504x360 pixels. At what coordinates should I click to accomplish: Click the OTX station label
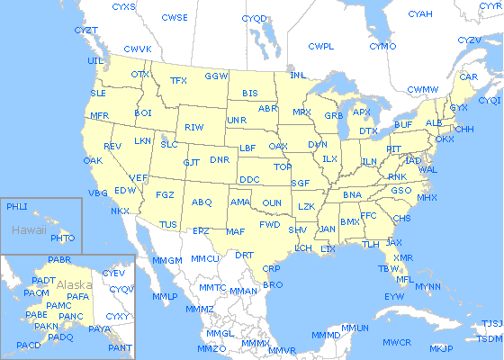140,73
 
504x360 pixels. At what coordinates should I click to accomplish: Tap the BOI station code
143,112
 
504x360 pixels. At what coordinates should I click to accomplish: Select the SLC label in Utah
169,144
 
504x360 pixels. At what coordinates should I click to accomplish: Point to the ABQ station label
202,202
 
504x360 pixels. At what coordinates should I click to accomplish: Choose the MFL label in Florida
405,279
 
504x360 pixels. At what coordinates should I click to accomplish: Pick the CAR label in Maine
468,76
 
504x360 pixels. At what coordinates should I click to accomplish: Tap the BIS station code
250,93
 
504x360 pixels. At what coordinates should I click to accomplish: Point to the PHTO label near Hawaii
63,238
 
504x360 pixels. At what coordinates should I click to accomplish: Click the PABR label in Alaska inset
60,260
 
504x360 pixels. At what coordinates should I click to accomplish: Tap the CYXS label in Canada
124,6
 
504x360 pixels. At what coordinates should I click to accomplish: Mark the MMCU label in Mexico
206,258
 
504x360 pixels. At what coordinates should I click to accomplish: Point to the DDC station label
249,179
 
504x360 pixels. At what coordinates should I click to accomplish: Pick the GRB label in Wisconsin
333,116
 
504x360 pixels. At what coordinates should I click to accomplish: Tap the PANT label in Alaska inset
119,347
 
